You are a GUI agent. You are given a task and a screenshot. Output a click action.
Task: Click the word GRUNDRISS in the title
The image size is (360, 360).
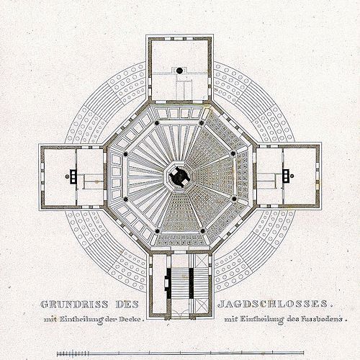coord(74,305)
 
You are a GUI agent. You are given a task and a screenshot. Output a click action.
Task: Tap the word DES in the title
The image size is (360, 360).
coord(127,305)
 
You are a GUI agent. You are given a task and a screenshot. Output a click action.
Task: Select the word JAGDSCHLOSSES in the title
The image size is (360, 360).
coord(273,304)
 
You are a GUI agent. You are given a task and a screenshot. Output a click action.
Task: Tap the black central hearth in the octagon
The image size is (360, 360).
coord(179,177)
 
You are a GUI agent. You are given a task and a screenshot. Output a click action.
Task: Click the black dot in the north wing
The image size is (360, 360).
coord(179,71)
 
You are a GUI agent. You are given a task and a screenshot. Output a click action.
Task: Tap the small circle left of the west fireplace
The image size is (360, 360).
coord(67,176)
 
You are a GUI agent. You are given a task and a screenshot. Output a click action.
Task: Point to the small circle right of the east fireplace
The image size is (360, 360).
coord(292,176)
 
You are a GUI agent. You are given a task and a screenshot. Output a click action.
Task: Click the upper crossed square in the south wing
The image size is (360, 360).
coord(201,261)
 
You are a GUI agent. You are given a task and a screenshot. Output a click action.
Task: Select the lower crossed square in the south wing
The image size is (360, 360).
coord(201,305)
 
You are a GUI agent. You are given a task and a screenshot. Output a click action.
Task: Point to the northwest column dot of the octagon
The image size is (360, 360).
coord(157,123)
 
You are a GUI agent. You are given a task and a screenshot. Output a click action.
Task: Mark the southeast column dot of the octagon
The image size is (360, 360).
coord(203,231)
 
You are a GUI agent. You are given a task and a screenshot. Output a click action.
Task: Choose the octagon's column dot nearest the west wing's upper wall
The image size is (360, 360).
coord(125,154)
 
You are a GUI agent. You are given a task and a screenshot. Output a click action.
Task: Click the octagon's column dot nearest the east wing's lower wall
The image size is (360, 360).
coord(234,199)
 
